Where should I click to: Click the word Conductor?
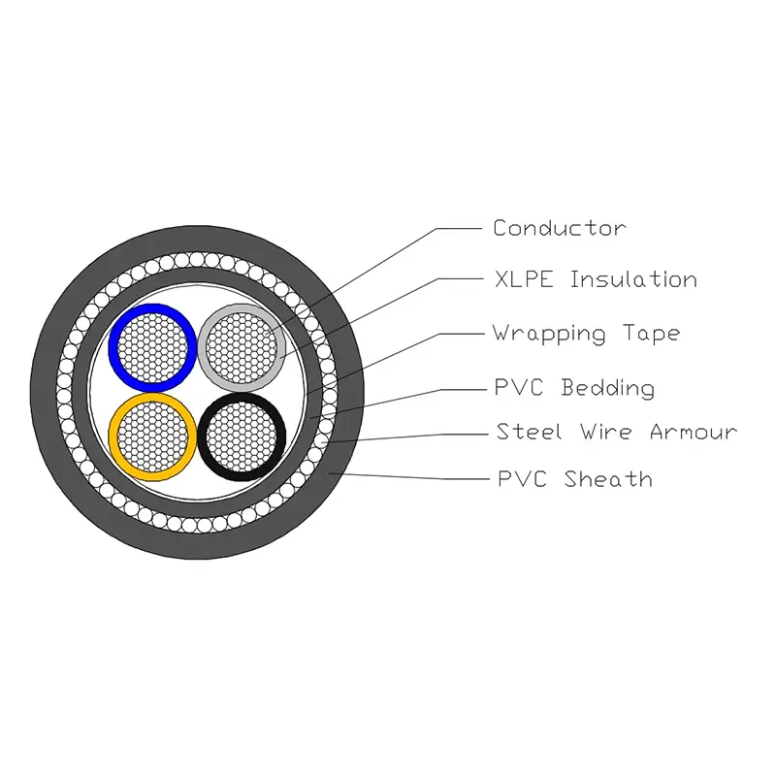click(x=559, y=229)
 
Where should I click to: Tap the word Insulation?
click(x=632, y=280)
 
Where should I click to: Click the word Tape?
click(x=649, y=335)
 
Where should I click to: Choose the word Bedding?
click(x=608, y=389)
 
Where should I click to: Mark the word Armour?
click(x=693, y=433)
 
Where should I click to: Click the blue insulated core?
click(x=151, y=344)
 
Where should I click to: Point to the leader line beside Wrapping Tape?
click(x=456, y=334)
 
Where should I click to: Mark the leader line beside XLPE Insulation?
click(x=456, y=279)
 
